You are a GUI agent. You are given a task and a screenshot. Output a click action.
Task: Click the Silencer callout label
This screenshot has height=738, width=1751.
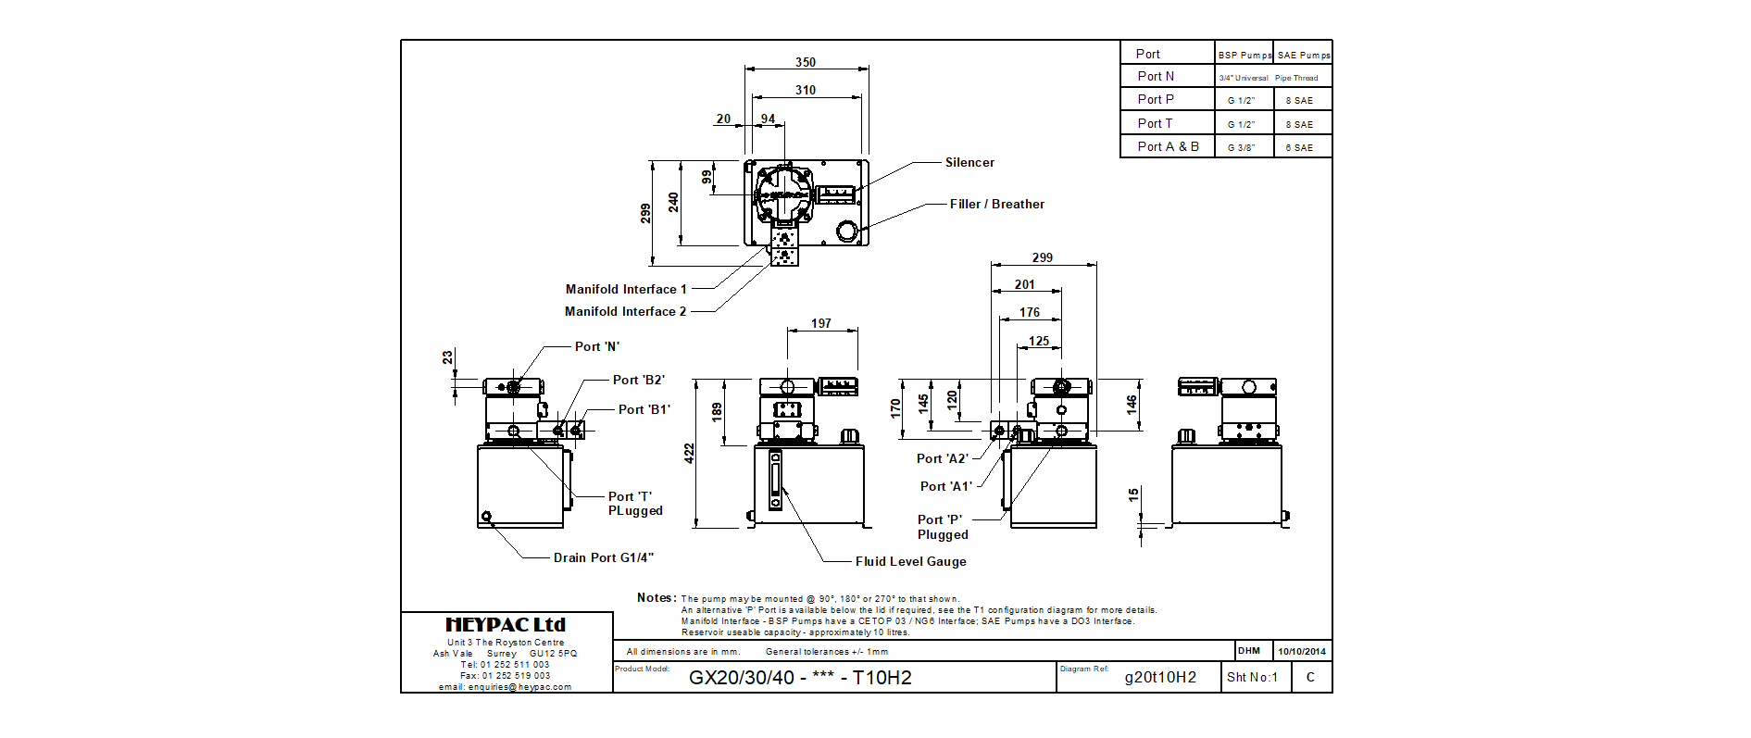click(x=969, y=163)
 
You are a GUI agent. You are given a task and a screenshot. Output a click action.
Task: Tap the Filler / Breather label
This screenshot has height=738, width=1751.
click(x=996, y=205)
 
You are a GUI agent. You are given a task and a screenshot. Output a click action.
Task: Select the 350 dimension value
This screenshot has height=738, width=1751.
click(x=805, y=63)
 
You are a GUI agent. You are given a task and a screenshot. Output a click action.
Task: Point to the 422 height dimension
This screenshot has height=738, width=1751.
click(x=689, y=453)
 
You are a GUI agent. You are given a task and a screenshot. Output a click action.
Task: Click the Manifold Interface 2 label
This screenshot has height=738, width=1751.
click(x=625, y=312)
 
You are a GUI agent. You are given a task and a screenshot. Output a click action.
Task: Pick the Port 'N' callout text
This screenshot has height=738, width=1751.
click(x=596, y=347)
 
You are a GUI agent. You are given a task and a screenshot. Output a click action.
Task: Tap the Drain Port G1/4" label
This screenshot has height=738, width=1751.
click(x=603, y=558)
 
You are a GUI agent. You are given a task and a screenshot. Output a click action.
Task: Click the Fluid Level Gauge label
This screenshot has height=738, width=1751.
click(x=910, y=562)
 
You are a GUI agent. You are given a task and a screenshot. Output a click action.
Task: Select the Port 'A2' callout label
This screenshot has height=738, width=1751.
click(x=942, y=459)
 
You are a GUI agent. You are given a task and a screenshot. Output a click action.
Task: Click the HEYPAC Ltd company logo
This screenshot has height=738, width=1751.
click(x=506, y=625)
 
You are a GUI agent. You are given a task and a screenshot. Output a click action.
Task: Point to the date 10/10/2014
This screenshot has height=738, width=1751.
click(x=1302, y=652)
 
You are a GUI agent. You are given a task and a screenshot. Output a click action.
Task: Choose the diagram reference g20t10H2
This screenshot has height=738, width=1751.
click(x=1160, y=678)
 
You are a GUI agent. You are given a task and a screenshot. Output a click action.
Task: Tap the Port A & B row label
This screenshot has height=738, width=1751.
click(x=1168, y=147)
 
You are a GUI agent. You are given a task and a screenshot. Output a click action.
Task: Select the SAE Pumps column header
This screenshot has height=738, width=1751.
click(x=1303, y=56)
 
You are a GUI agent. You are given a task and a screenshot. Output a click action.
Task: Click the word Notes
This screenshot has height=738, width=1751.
click(x=656, y=598)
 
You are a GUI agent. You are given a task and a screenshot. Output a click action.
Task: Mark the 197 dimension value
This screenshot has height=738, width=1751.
click(x=820, y=324)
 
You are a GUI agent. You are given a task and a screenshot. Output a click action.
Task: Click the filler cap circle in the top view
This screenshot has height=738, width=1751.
click(x=847, y=231)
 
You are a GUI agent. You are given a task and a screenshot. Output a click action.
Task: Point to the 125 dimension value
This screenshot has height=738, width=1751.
click(x=1039, y=342)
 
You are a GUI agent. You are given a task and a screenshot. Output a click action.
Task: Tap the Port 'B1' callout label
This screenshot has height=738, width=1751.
click(x=644, y=410)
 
